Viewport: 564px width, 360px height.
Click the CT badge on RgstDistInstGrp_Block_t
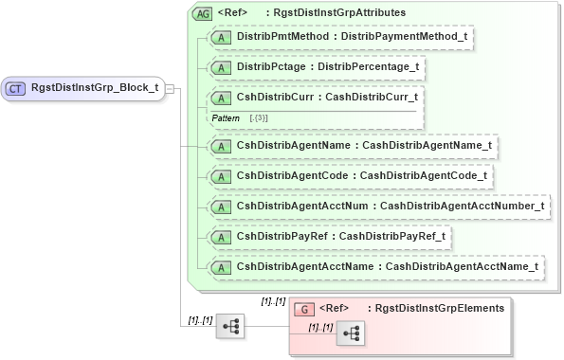(16, 88)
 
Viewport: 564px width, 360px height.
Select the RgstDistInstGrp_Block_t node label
(94, 88)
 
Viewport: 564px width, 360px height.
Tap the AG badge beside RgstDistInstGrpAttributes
(202, 13)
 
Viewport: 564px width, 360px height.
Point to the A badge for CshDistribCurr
(221, 97)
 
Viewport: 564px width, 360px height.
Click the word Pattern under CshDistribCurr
(225, 117)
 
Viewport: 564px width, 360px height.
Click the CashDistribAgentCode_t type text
(424, 175)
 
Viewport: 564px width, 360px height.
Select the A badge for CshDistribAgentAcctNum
(221, 206)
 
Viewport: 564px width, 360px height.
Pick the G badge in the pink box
(304, 308)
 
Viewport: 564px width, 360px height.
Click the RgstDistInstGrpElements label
(439, 308)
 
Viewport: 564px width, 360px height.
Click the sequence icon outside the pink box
(229, 325)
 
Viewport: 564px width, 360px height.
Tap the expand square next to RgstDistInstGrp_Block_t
(171, 88)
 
